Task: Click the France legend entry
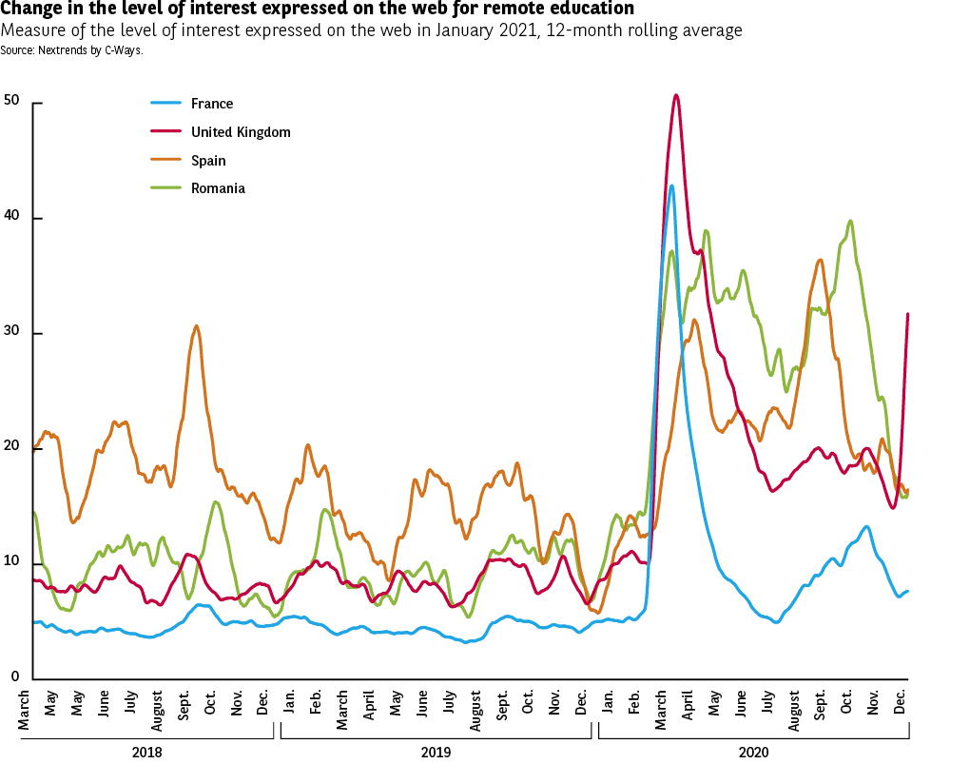211,104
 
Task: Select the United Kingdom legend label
240,132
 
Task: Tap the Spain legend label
207,161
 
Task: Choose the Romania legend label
218,188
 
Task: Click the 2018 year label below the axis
147,752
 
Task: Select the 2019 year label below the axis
436,752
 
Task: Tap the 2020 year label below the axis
753,752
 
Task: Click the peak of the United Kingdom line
675,95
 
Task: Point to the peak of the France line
671,186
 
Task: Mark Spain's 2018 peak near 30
196,326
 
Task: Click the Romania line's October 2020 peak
849,221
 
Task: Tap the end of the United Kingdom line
908,314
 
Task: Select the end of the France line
908,591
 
